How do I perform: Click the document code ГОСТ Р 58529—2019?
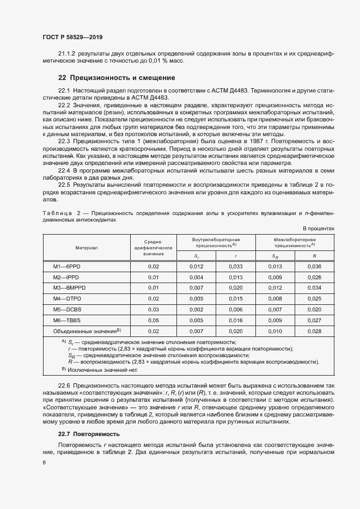[72, 37]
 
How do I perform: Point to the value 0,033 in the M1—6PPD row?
[235, 267]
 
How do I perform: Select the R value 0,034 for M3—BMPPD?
[314, 288]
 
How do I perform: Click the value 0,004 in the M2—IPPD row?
[196, 277]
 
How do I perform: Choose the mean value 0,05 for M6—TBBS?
[153, 320]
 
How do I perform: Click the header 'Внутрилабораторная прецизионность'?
[216, 242]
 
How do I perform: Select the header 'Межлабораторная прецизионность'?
[295, 242]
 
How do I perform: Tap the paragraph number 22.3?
[64, 141]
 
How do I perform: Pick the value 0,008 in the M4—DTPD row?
[275, 299]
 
